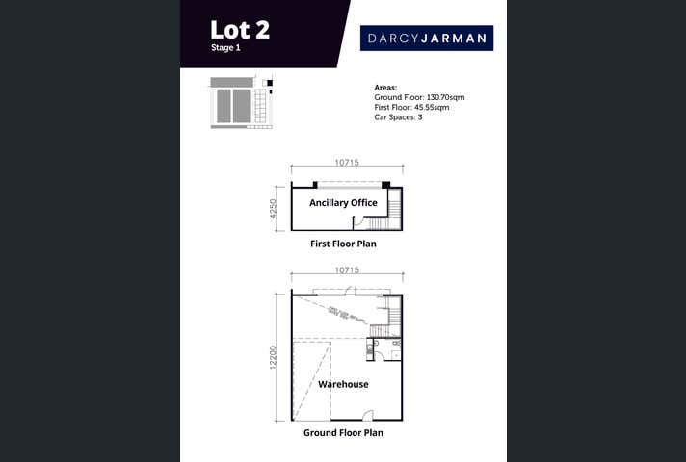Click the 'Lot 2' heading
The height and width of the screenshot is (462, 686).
coord(240,29)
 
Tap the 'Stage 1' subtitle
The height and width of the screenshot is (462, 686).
coord(226,47)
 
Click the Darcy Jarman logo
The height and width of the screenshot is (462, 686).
coord(427,38)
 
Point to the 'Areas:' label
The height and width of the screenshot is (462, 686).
coord(385,88)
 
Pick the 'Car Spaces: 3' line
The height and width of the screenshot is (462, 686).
coord(398,116)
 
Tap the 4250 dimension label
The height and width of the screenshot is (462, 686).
coord(274,209)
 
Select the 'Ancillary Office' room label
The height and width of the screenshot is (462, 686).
coord(343,203)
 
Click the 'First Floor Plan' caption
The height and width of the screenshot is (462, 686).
coord(343,244)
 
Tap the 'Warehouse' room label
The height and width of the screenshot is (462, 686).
coord(343,384)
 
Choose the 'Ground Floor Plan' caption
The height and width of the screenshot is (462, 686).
coord(343,433)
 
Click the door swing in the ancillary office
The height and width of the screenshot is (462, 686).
coord(360,222)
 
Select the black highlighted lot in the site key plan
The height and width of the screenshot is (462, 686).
coord(270,84)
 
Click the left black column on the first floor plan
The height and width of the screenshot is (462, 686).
coord(314,184)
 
